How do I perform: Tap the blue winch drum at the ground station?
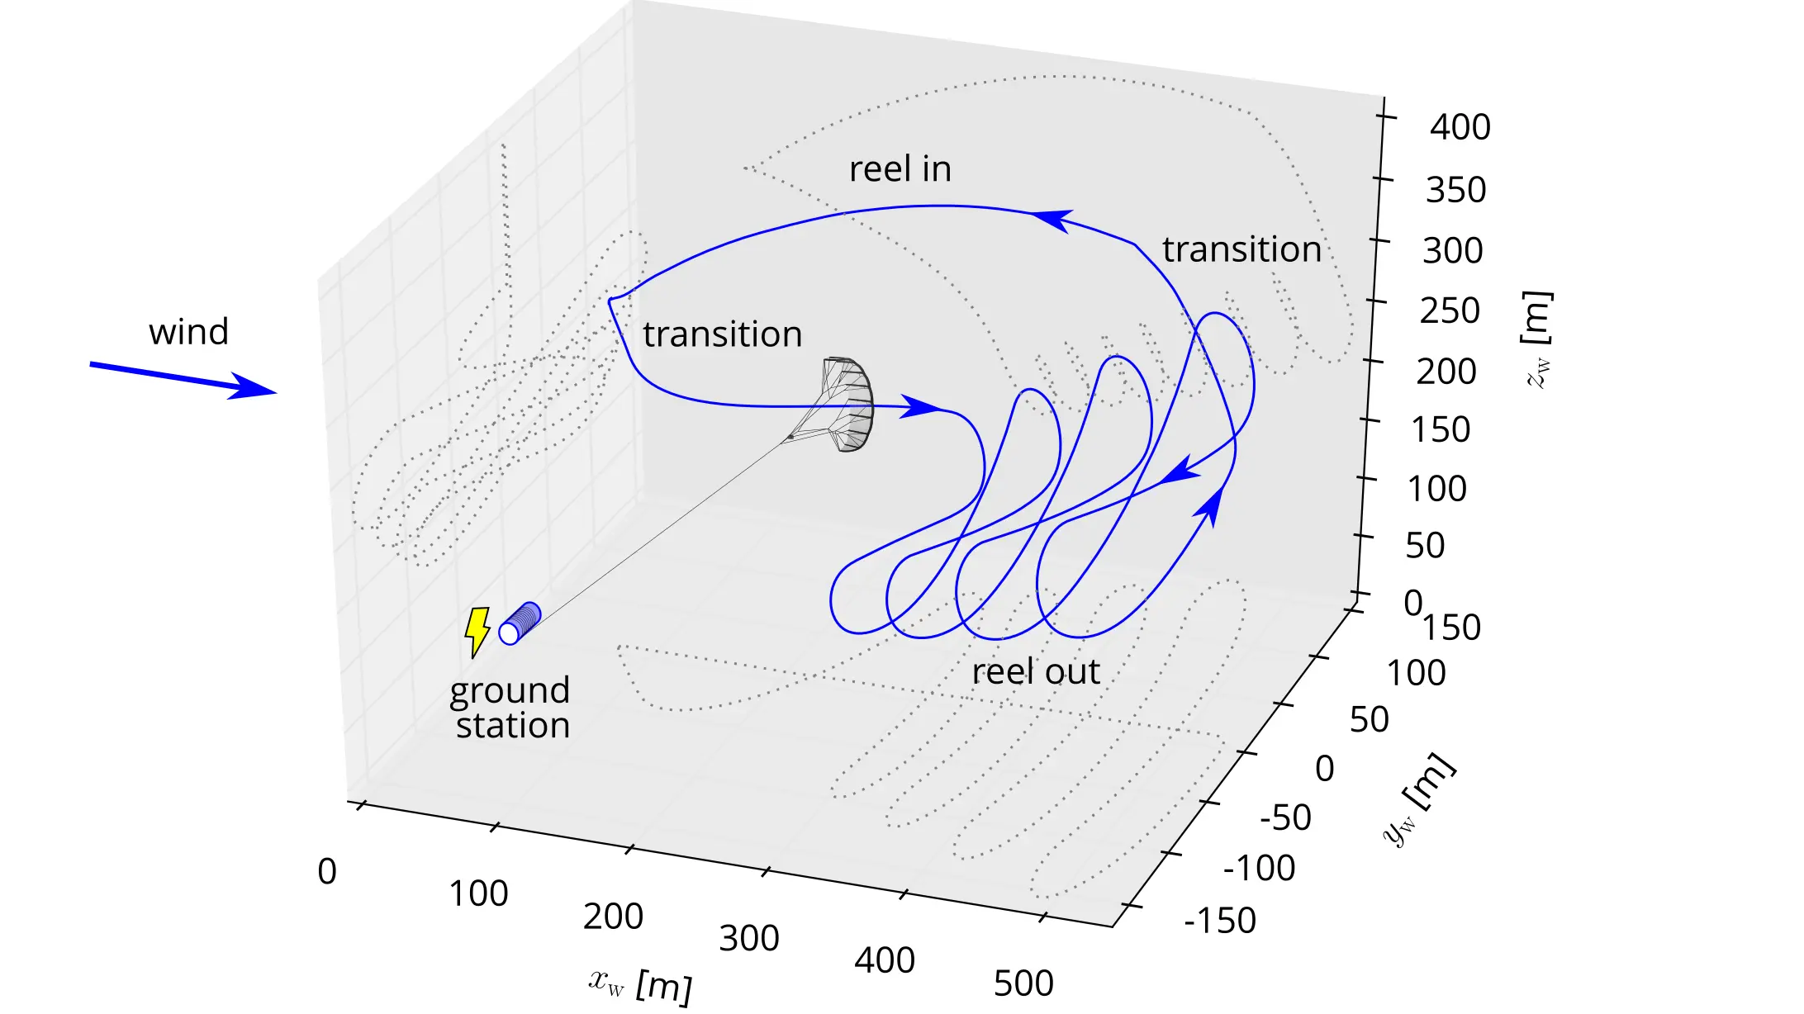[x=520, y=623]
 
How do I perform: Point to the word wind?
[x=188, y=332]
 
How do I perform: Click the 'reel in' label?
[x=900, y=169]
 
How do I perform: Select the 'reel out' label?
[x=1035, y=671]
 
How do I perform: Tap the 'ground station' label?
[x=510, y=708]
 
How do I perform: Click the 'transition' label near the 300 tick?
[x=1241, y=249]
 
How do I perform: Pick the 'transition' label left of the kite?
[x=723, y=334]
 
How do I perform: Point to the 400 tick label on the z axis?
[x=1460, y=127]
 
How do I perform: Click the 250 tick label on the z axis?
[x=1449, y=311]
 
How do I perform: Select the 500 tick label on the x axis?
[x=1023, y=983]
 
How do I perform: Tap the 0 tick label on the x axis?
[x=327, y=872]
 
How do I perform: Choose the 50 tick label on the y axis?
[x=1369, y=720]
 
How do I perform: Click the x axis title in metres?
[x=640, y=984]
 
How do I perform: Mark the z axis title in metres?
[x=1536, y=339]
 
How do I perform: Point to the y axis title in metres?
[x=1419, y=799]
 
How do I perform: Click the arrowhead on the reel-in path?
[x=1052, y=220]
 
